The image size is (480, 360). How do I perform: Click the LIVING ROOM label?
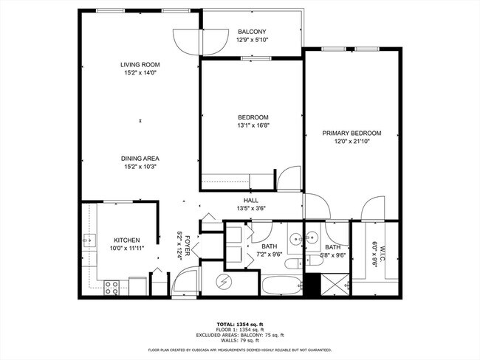point(140,65)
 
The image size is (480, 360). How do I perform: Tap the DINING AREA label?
point(140,159)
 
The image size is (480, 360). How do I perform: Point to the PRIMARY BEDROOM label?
point(352,134)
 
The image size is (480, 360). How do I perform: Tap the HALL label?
point(250,200)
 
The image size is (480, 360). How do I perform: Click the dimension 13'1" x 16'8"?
point(253,125)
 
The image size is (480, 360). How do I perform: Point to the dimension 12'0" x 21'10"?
point(352,142)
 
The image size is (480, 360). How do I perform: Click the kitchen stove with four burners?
point(112,288)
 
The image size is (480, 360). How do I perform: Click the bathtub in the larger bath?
point(281,284)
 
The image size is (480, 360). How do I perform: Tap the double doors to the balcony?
point(200,41)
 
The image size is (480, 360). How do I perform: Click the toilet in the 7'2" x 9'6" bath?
point(292,263)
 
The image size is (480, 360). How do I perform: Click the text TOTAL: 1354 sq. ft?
point(239,324)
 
